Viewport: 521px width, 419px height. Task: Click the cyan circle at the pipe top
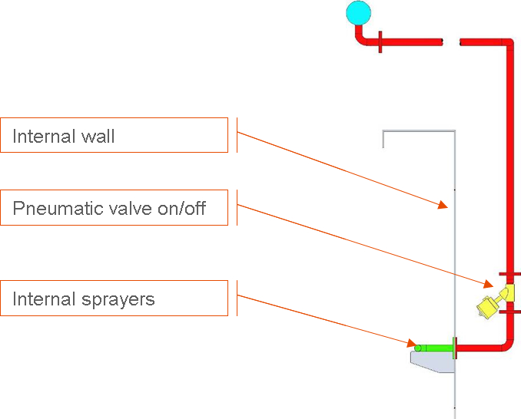[358, 12]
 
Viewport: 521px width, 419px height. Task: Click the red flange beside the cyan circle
[380, 42]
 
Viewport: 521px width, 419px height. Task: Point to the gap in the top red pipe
[451, 42]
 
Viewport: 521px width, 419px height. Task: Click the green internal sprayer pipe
[435, 348]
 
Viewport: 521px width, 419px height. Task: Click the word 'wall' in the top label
[98, 137]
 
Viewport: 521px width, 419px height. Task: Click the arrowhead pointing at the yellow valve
[491, 285]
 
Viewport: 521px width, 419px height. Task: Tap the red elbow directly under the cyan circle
[360, 37]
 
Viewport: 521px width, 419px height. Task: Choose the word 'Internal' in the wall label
[43, 137]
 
